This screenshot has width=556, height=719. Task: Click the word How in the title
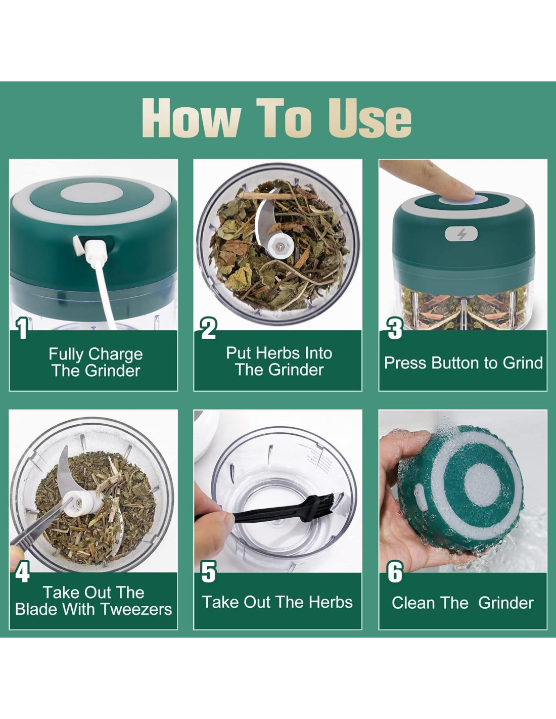(191, 119)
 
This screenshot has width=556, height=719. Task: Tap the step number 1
(22, 328)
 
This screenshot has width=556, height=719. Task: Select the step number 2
(209, 328)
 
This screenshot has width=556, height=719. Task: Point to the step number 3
(394, 328)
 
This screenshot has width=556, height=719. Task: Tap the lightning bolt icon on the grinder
(461, 234)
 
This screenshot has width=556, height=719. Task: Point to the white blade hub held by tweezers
(83, 502)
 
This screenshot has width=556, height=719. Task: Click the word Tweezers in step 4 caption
(136, 609)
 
